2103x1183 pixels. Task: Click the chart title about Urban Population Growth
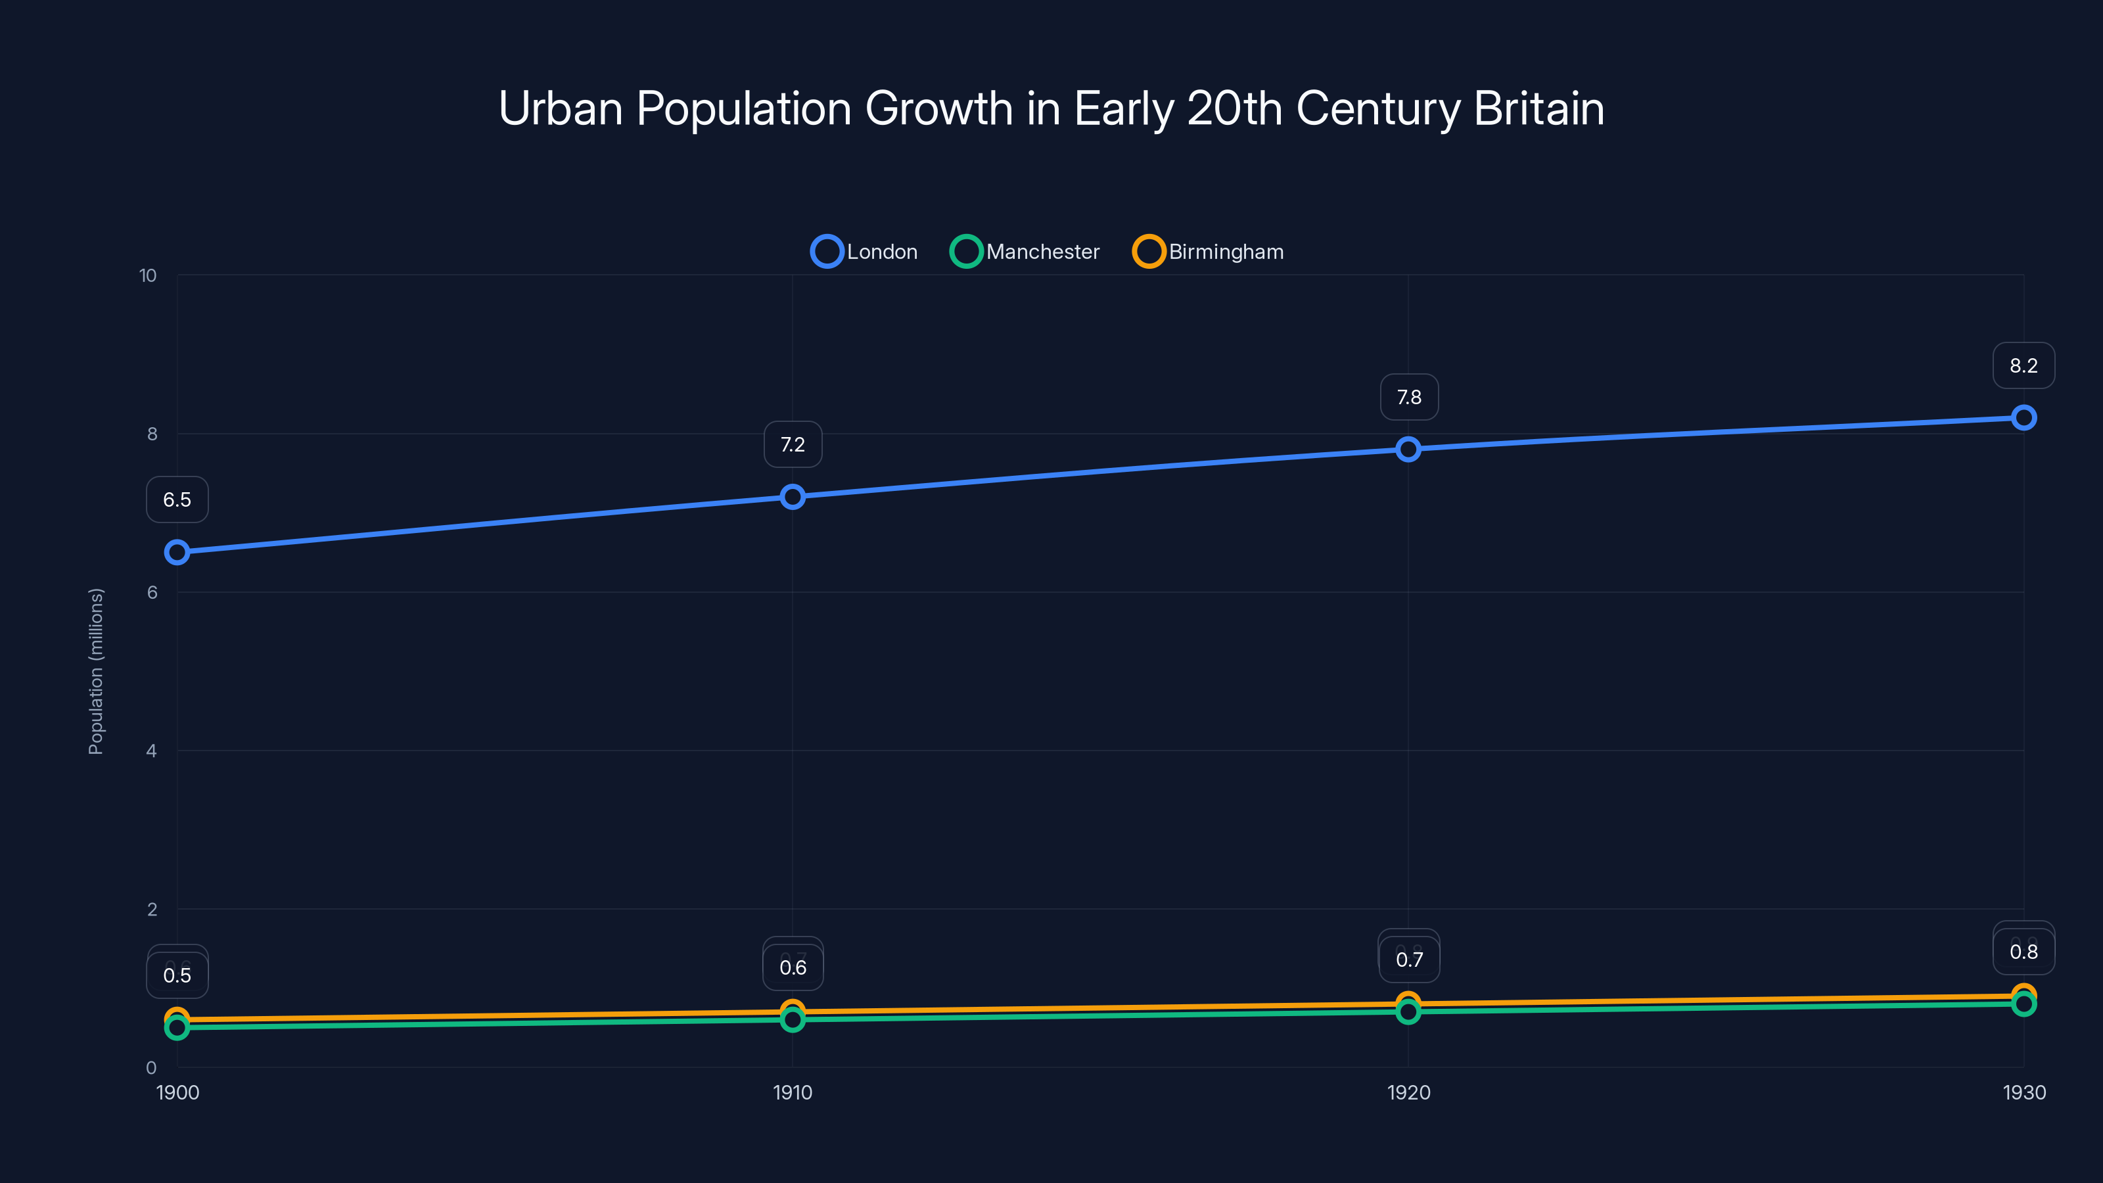click(1051, 108)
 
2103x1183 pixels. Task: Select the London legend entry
click(865, 252)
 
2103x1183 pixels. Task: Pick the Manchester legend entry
click(1025, 252)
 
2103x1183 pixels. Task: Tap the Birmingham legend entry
click(1209, 252)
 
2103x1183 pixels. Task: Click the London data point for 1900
click(177, 553)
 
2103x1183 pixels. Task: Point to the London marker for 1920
click(1408, 449)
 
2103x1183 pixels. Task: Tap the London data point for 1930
click(2023, 418)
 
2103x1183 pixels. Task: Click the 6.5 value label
click(177, 499)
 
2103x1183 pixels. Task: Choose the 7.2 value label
click(792, 444)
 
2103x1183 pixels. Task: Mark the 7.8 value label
click(1408, 397)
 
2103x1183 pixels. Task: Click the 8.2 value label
click(2023, 366)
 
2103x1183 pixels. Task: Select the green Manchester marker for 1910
click(792, 1021)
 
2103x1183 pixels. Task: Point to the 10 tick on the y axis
click(148, 276)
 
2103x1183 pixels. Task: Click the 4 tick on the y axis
click(151, 751)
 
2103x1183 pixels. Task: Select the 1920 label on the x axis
click(1408, 1092)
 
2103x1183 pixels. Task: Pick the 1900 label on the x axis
click(177, 1092)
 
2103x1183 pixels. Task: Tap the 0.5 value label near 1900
click(177, 975)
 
